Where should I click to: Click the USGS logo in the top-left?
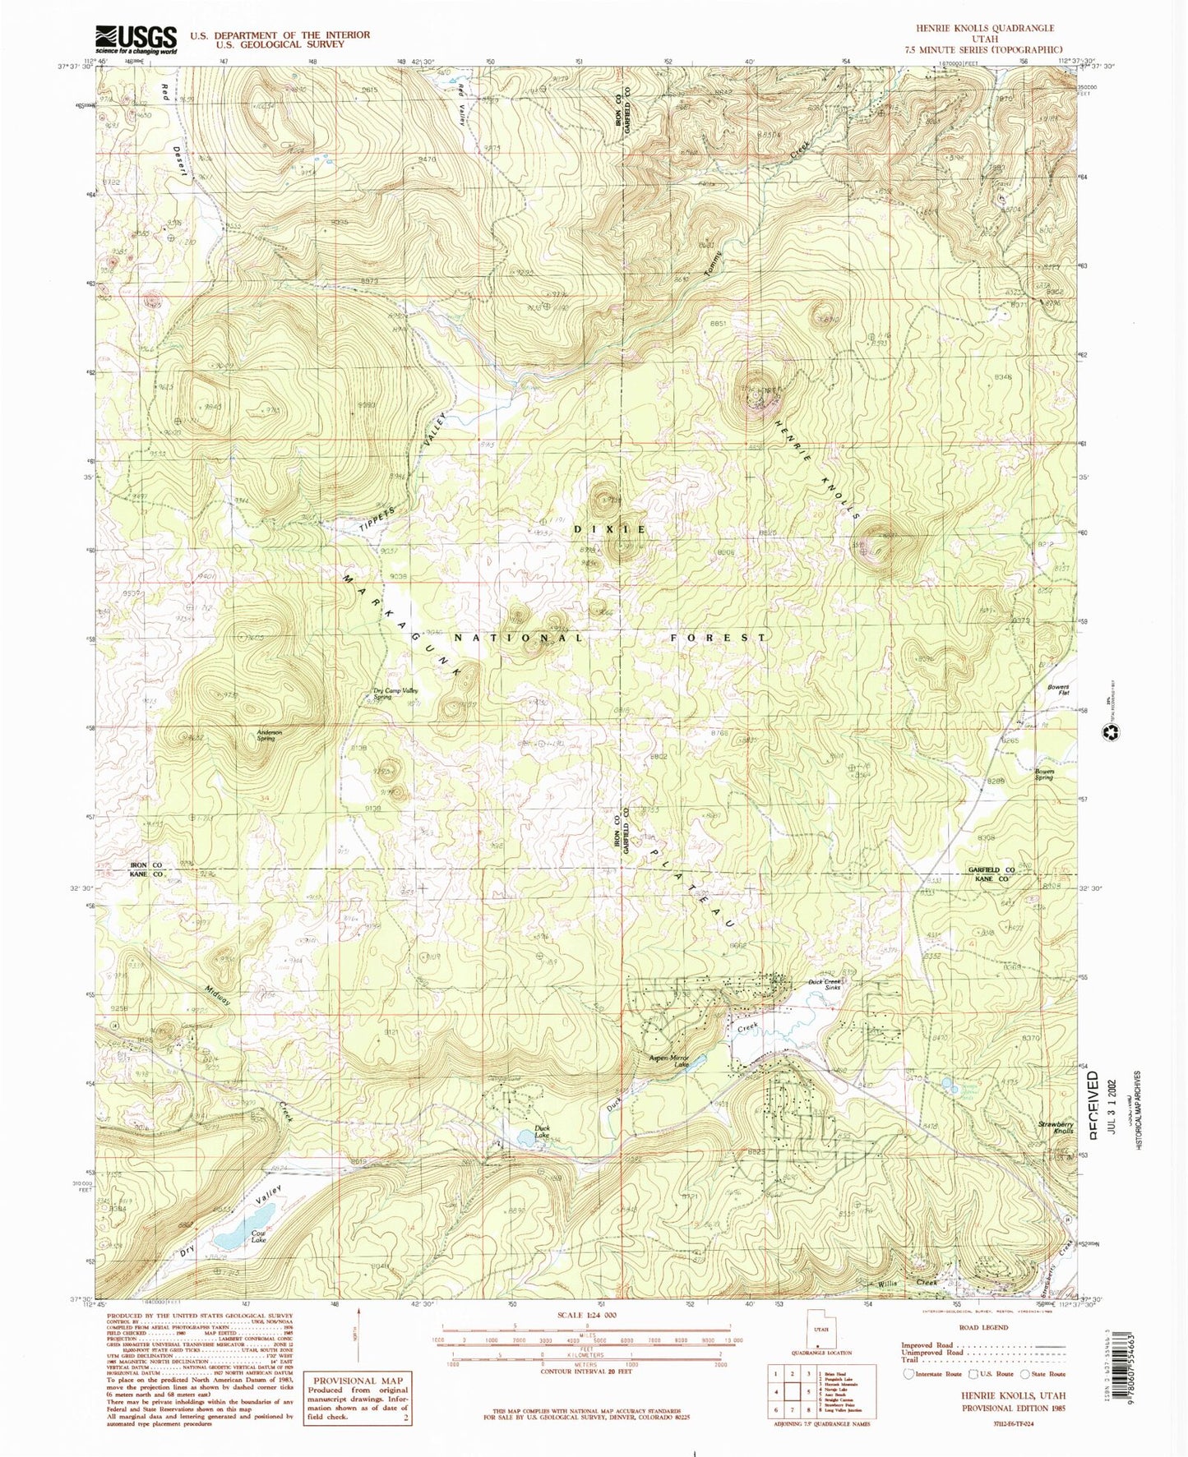coord(136,39)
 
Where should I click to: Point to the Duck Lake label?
coord(542,1131)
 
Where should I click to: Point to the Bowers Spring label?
coord(1044,773)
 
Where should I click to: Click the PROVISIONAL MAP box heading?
coord(358,1381)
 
